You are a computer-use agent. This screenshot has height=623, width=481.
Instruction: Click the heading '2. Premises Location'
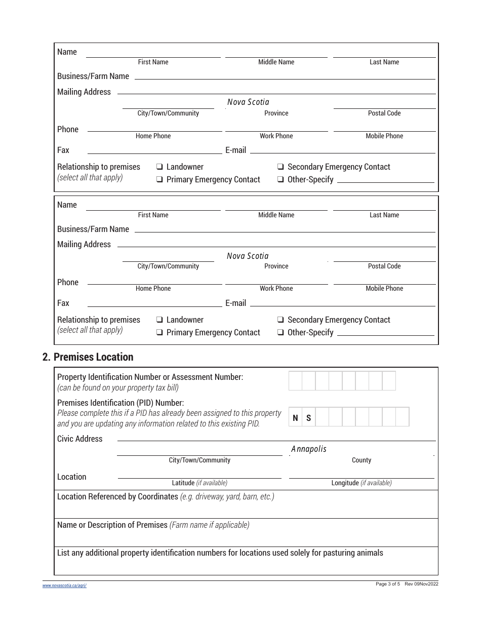click(x=88, y=357)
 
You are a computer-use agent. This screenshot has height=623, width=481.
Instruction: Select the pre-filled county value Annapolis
click(x=309, y=449)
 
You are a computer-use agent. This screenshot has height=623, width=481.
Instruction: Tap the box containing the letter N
click(x=296, y=418)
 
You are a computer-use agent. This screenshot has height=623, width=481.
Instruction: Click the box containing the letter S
click(x=309, y=418)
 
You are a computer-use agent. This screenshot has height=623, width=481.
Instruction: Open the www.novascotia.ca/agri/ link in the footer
click(x=64, y=586)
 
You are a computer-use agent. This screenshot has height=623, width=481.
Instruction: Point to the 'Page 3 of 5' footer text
click(x=388, y=584)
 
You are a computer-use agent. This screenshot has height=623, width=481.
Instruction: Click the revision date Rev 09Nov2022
click(x=422, y=584)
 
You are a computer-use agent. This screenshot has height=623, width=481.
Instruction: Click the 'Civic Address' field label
click(x=79, y=439)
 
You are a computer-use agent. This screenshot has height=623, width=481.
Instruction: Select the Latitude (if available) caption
click(x=199, y=483)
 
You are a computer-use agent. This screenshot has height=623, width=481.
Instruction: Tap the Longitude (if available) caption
click(x=362, y=483)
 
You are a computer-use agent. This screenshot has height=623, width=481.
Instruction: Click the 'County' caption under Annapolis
click(x=362, y=460)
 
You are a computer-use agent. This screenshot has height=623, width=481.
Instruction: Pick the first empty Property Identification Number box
click(x=295, y=381)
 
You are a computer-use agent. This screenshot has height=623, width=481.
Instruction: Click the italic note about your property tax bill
click(x=118, y=388)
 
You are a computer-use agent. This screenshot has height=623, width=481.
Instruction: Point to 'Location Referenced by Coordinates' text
click(x=117, y=497)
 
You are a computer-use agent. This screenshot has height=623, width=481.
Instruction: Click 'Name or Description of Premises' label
click(x=112, y=525)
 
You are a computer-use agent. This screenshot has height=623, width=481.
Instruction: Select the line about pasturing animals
click(x=220, y=553)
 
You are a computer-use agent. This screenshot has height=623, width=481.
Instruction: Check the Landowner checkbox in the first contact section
click(x=159, y=167)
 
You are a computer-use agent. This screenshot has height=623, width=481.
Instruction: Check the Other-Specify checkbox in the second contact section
click(x=280, y=333)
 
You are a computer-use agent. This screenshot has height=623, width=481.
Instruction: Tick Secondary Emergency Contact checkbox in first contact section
click(x=280, y=167)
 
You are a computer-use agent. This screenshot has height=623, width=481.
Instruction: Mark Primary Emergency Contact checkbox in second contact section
click(x=159, y=333)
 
